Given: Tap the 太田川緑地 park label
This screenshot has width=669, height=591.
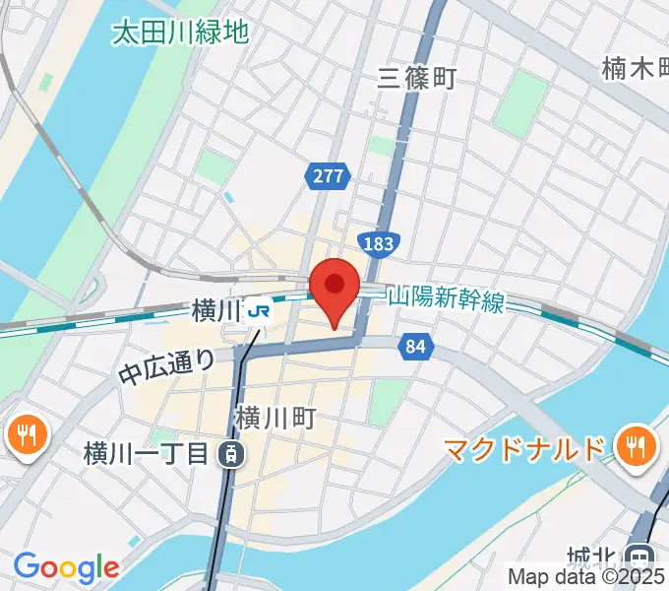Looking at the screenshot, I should pos(179,33).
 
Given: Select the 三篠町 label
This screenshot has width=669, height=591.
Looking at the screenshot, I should pos(418,79).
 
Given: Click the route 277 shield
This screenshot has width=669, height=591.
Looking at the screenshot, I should pos(328,176).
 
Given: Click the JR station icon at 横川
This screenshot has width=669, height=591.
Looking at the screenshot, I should pos(260,311).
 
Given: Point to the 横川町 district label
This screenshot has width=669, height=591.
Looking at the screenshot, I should pos(274,419).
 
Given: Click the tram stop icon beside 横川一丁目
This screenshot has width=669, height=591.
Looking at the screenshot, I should pos(229,454).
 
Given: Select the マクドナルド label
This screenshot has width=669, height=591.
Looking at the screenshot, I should pos(522,450).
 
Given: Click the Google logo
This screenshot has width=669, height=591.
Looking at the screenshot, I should pos(66,567).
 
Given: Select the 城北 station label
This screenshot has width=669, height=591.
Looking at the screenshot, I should pos(601,557).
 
